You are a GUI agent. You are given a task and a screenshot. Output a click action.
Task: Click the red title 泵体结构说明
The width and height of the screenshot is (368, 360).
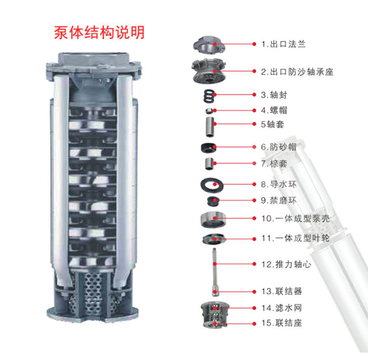[x=99, y=32]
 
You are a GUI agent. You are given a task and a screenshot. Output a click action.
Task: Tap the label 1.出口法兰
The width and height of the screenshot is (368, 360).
[x=284, y=44]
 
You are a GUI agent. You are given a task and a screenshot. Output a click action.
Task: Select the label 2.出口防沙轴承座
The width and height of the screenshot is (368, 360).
[x=297, y=72]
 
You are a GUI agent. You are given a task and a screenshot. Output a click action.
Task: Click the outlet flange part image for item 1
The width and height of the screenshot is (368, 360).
[x=209, y=45]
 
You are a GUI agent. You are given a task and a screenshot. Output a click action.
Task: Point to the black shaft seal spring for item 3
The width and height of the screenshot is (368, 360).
[x=209, y=96]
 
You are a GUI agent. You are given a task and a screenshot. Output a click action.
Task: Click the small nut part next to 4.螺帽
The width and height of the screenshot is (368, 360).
[x=209, y=111]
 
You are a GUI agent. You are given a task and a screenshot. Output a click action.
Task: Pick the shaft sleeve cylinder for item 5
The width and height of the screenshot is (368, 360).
[x=210, y=127]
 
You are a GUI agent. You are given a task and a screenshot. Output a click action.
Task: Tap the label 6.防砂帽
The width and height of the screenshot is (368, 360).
[x=279, y=147]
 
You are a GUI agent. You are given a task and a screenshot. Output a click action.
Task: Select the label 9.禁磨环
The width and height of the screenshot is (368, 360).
[x=279, y=201]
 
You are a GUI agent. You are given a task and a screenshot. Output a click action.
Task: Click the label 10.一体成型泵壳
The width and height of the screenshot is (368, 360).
[x=295, y=219]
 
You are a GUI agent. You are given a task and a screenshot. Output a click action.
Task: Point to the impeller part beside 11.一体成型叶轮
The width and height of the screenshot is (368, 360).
[x=213, y=239]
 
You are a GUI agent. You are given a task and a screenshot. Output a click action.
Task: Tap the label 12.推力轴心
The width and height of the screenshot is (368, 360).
[x=287, y=264]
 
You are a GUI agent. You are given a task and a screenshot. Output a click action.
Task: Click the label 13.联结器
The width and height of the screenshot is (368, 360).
[x=282, y=291]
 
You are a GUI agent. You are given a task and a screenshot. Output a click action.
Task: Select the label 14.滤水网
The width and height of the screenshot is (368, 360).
[x=282, y=308]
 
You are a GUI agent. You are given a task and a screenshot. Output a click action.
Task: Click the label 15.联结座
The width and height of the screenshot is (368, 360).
[x=282, y=323]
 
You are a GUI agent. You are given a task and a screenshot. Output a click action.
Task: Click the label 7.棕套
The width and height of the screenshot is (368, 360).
[x=274, y=163]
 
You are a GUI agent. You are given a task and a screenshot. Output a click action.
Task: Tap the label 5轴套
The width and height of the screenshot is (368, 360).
[x=272, y=124]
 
